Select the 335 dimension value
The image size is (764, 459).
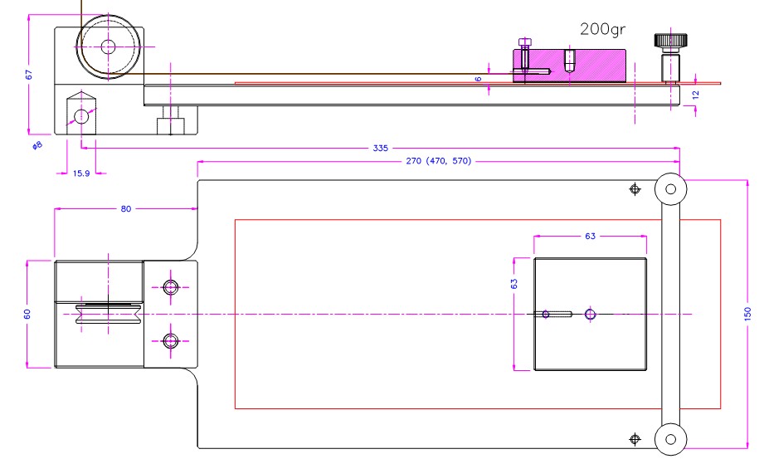(x=381, y=148)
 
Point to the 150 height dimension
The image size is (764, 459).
(x=747, y=314)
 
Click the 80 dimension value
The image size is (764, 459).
(x=125, y=209)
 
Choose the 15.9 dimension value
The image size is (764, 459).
(x=81, y=173)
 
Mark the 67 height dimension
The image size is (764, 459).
(x=29, y=74)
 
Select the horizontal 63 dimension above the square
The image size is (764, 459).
(x=590, y=237)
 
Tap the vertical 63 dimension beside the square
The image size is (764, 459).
(x=514, y=283)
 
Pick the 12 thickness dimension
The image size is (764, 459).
(x=696, y=94)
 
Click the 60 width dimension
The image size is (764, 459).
(x=27, y=314)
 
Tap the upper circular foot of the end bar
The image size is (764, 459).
(x=669, y=189)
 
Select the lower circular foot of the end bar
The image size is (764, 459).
(x=669, y=437)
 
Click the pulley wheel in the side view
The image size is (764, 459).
(x=107, y=46)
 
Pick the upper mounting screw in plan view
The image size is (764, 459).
(x=171, y=287)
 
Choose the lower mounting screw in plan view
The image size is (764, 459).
(x=171, y=340)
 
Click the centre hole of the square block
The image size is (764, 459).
(x=590, y=314)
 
